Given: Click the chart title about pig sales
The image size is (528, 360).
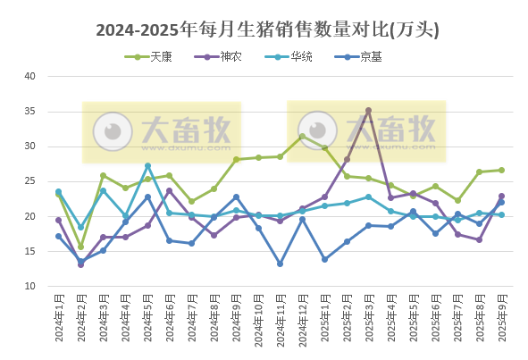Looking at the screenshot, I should coord(267,30).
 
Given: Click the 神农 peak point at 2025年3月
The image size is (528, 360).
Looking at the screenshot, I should coord(368,111).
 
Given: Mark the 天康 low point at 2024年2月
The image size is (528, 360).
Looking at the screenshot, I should coord(80,247).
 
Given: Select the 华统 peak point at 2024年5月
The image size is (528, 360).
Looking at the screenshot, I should coord(147,166).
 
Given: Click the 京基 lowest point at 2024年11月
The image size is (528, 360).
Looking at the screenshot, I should coord(280,264).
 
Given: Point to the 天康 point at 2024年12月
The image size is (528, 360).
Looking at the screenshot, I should coord(302,136).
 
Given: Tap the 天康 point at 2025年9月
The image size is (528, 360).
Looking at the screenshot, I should coord(501,170).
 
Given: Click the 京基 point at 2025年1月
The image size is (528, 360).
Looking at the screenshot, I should coord(324,259).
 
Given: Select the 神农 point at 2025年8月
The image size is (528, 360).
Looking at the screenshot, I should coord(479,239).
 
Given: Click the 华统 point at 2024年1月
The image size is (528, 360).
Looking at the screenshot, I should coord(58,191).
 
